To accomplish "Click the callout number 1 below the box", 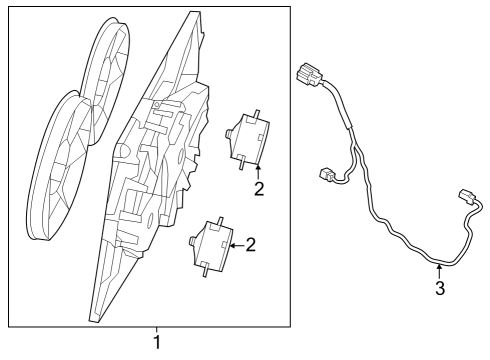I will coord(157,344).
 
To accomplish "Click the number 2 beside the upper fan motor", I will coord(258,188).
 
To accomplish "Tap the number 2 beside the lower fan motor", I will coord(251,243).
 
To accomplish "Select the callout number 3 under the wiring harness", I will coord(439,291).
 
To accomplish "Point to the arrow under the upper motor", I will coord(258,168).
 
